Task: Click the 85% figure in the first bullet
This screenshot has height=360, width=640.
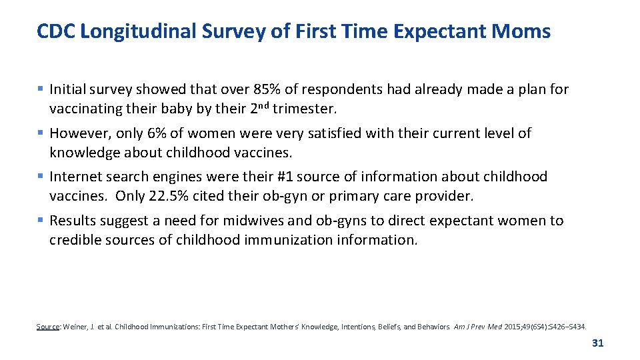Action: point(267,89)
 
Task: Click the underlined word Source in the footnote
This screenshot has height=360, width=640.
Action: point(47,327)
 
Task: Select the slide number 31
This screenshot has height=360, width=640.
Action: point(597,343)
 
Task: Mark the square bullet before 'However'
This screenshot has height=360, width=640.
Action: point(41,133)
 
